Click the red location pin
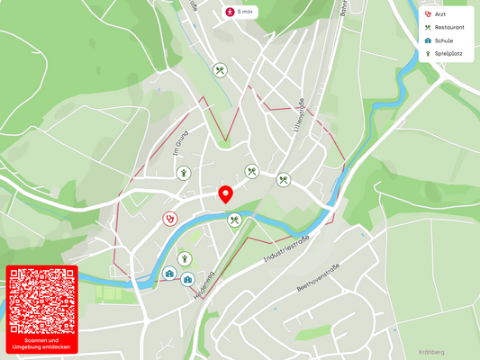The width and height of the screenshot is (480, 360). [226, 194]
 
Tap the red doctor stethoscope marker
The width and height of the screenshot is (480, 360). [169, 218]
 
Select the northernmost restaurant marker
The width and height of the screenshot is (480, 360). [220, 70]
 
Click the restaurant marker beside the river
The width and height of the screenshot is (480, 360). [234, 220]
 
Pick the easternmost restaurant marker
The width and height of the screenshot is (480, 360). [284, 180]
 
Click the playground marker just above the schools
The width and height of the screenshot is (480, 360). [185, 259]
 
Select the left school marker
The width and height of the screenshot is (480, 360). [169, 273]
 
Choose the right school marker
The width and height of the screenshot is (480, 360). [187, 279]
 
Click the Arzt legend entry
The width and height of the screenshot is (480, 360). [440, 14]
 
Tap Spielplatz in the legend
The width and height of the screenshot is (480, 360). [444, 54]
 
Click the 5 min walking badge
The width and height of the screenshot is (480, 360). [241, 12]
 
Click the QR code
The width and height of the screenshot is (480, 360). [41, 301]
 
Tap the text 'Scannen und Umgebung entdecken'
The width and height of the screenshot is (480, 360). [41, 344]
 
